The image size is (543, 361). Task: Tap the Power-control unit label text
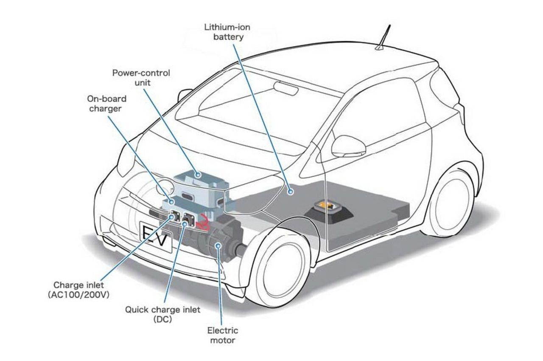click(141, 77)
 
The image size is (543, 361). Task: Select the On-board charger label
click(106, 104)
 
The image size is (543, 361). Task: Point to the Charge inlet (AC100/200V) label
click(78, 289)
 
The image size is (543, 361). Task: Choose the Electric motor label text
click(222, 335)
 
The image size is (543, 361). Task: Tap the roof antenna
click(386, 36)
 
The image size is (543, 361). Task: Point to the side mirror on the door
click(348, 147)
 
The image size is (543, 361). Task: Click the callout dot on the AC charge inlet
click(173, 217)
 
